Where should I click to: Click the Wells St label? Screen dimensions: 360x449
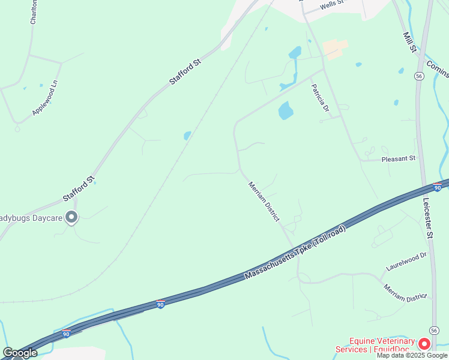pyautogui.click(x=331, y=4)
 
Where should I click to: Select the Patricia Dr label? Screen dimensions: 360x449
pyautogui.click(x=320, y=98)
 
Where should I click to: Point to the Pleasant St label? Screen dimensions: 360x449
pyautogui.click(x=399, y=159)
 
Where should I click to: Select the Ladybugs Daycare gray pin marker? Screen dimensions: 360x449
pyautogui.click(x=71, y=217)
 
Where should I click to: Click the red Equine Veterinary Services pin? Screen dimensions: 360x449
pyautogui.click(x=424, y=344)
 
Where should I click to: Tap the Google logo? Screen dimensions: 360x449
pyautogui.click(x=20, y=353)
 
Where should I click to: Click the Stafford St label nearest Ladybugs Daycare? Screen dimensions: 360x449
pyautogui.click(x=79, y=187)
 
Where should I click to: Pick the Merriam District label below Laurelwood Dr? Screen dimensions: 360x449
pyautogui.click(x=406, y=293)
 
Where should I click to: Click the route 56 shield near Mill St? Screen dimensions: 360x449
pyautogui.click(x=419, y=76)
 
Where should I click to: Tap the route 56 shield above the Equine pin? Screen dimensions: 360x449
pyautogui.click(x=433, y=331)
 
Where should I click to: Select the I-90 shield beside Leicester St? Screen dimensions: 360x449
pyautogui.click(x=437, y=188)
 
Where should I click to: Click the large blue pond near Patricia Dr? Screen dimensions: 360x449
pyautogui.click(x=286, y=110)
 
